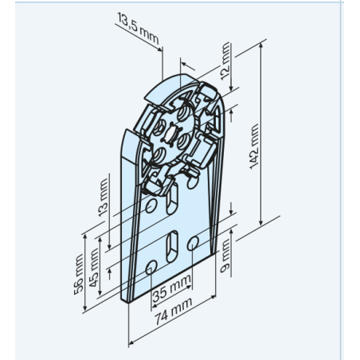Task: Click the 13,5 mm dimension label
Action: point(138,28)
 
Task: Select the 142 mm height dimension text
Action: point(254,147)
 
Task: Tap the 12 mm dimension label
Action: point(225,61)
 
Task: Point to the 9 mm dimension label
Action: point(225,256)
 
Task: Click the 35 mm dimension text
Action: point(172,288)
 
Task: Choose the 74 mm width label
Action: point(174,311)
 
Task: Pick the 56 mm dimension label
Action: point(79,274)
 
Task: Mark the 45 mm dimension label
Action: point(94,268)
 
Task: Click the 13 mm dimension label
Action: point(103,198)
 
